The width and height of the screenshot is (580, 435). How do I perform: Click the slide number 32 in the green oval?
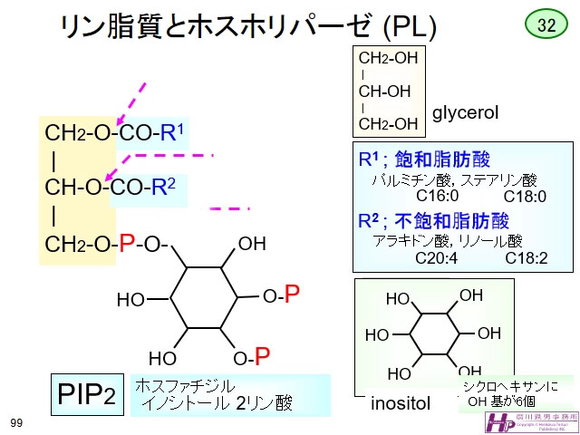tap(546, 25)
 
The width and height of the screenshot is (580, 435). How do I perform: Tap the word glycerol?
tap(466, 114)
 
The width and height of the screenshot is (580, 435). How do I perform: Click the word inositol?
tap(401, 404)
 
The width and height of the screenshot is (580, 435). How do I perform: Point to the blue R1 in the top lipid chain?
tap(172, 132)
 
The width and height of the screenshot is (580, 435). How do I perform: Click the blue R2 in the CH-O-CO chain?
tap(163, 188)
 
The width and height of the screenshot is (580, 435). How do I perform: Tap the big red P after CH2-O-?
tap(127, 243)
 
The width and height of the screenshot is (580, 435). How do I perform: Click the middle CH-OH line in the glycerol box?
tap(385, 92)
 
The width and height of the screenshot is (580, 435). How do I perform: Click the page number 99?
tap(16, 422)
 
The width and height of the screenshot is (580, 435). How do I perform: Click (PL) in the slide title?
tap(410, 28)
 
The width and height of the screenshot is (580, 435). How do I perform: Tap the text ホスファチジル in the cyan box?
tap(185, 386)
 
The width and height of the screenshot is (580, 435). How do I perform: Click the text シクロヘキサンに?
tap(510, 386)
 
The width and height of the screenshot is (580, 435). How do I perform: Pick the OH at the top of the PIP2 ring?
tap(252, 244)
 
